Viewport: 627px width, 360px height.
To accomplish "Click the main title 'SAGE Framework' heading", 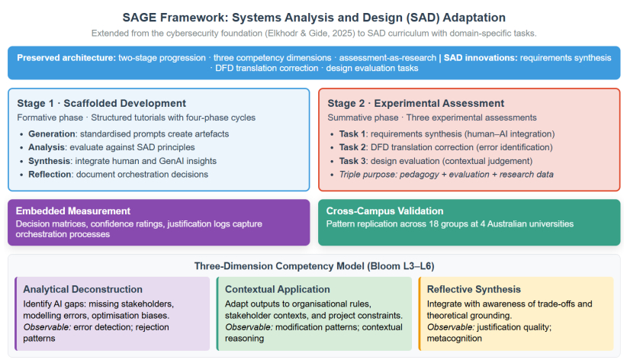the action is [314, 18].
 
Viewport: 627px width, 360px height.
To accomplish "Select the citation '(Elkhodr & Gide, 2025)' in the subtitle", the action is [310, 34].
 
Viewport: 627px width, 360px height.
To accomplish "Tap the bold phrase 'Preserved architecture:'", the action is [66, 58].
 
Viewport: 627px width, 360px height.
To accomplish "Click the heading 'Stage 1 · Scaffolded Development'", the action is [101, 103].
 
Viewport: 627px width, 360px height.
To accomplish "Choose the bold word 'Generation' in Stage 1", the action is [52, 134].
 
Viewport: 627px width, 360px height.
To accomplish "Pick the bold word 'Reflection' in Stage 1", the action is [50, 175].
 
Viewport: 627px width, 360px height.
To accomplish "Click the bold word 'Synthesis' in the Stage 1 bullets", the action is [49, 161].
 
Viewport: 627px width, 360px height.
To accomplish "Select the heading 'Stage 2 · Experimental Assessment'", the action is [416, 103].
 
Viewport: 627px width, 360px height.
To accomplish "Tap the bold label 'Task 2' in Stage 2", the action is [352, 147].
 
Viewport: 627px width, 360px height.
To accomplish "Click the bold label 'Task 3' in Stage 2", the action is [352, 161].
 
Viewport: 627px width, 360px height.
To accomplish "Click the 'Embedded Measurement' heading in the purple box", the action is [72, 211].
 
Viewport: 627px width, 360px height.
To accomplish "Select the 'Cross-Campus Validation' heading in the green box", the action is [384, 211].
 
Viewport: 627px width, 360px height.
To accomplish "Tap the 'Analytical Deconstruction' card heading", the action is [83, 289].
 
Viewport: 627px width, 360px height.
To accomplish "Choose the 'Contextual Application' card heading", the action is [278, 289].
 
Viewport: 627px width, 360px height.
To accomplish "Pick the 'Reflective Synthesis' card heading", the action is [474, 289].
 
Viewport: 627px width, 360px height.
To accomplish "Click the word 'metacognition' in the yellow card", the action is [455, 339].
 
